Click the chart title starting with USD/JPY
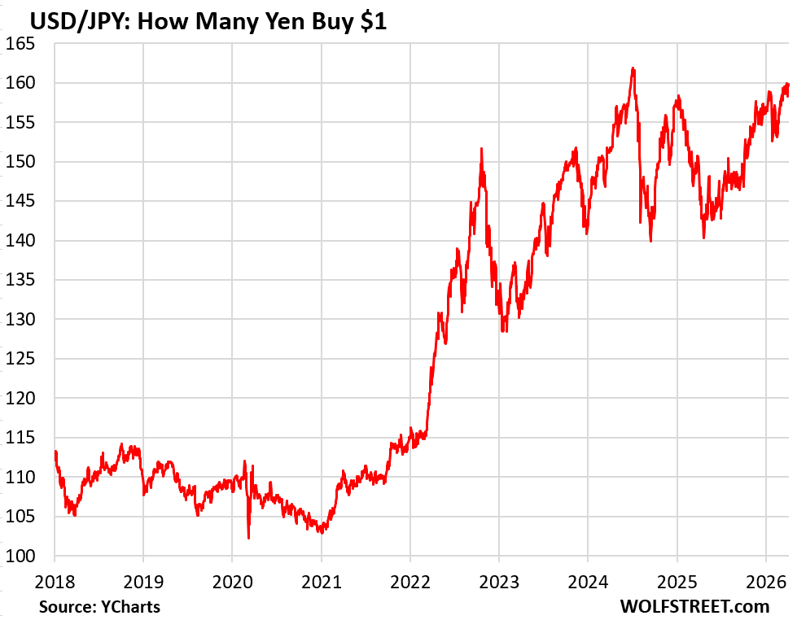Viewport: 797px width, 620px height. pos(196,22)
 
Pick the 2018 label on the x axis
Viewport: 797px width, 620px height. pos(55,582)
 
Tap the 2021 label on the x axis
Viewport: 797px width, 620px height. pos(321,582)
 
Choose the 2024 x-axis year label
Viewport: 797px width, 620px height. pos(588,582)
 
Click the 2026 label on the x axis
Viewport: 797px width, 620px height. pos(765,582)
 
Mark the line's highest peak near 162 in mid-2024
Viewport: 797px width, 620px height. pos(633,68)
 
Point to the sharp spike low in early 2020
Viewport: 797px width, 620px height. pos(248,538)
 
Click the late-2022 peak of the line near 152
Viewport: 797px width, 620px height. pos(482,149)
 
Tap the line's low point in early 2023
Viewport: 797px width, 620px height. pos(504,331)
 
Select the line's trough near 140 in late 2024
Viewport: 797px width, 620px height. pos(651,241)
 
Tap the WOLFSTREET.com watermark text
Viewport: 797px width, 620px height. pos(694,606)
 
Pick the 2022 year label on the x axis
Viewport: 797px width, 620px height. pos(409,582)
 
